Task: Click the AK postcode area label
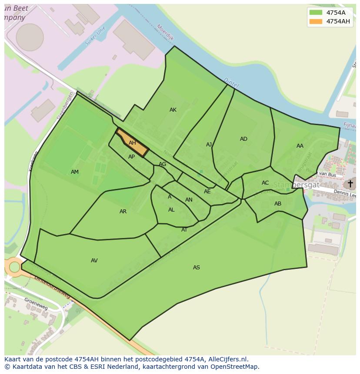point(173,110)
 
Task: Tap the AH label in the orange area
point(132,143)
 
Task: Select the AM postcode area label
point(75,172)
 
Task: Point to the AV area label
point(94,261)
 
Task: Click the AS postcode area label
point(197,268)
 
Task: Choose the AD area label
point(243,139)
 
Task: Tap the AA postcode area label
point(300,146)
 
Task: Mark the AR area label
point(123,212)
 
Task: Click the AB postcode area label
point(278,204)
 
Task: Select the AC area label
point(265,183)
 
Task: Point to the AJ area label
point(209,145)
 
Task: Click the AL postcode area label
point(171,210)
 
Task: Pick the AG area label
point(162,164)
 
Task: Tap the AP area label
point(131,157)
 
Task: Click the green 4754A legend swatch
point(316,13)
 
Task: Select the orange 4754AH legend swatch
point(316,21)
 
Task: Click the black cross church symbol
point(350,183)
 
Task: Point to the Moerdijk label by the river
point(165,33)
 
